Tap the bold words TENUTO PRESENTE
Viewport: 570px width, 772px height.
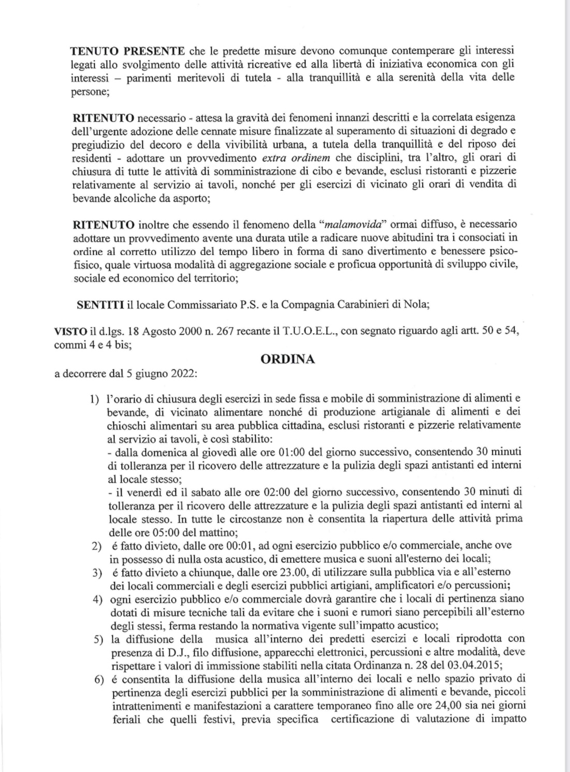point(128,50)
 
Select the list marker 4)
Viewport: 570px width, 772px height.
point(97,599)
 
